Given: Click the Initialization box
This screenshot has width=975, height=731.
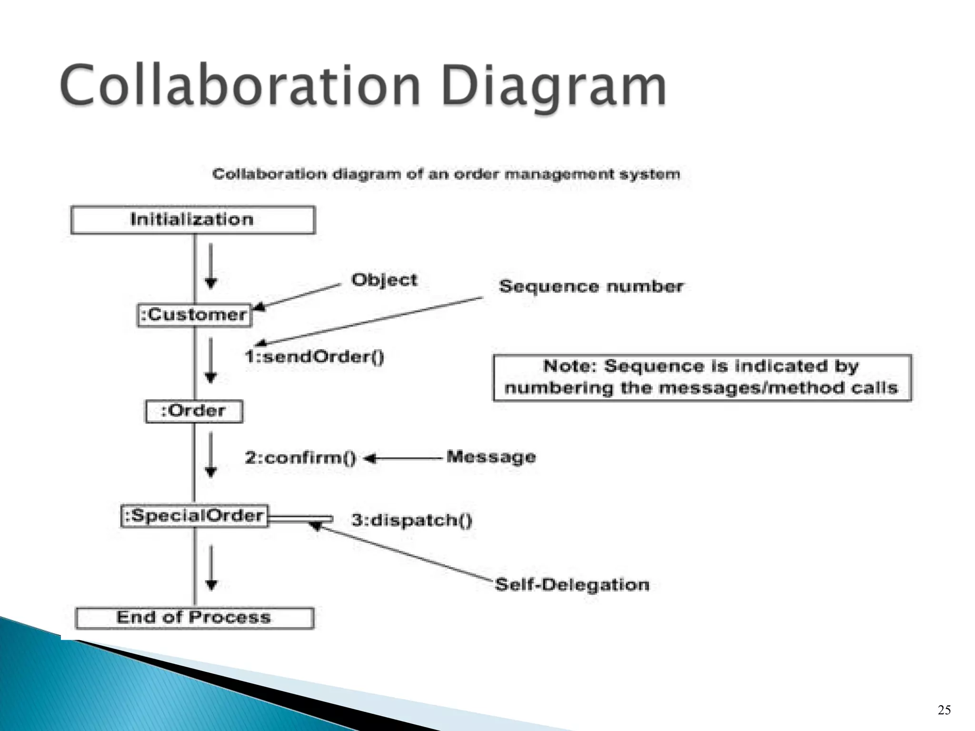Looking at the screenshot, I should [193, 220].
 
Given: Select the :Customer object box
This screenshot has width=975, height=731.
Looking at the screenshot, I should [194, 315].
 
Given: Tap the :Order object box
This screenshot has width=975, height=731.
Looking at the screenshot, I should [194, 411].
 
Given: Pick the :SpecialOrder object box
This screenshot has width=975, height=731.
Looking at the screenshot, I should [194, 516].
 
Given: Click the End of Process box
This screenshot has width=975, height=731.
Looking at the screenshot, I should [194, 618].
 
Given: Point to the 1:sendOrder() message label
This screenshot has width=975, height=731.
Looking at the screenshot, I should [314, 356].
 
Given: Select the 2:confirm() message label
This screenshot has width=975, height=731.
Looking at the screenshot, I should [300, 458].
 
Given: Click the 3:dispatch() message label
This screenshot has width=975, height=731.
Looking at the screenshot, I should [412, 520].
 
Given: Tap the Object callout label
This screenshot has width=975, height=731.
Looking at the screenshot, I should [384, 280].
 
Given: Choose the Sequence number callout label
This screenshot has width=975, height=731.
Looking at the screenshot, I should [591, 286].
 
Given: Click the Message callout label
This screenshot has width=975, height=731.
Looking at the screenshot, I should [491, 457].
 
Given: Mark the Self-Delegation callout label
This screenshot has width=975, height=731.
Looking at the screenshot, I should [572, 584].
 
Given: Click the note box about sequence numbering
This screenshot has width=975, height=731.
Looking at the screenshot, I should [702, 378].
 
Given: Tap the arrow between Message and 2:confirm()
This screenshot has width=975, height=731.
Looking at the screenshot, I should [405, 459].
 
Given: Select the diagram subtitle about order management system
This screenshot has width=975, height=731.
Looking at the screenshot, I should [446, 174].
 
